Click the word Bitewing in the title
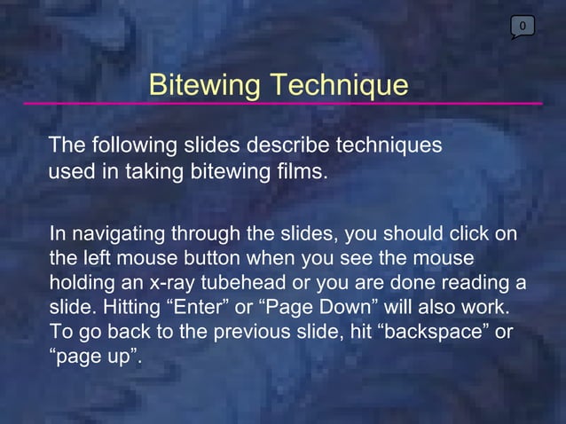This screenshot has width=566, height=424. pos(205,85)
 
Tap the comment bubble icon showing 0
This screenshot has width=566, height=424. pos(523,27)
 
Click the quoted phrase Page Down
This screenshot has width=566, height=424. pos(318,307)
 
